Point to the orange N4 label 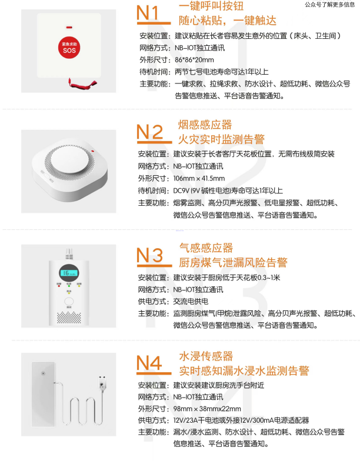click(x=149, y=363)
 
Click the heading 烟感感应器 click(x=205, y=124)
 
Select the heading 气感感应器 click(x=206, y=248)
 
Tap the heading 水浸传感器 click(x=206, y=356)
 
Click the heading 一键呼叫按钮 click(x=211, y=6)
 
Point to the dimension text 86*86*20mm click(x=194, y=59)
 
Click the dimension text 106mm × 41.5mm click(x=199, y=178)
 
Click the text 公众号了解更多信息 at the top click(x=329, y=5)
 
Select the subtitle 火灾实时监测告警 click(x=221, y=139)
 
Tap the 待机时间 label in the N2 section click(x=154, y=190)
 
